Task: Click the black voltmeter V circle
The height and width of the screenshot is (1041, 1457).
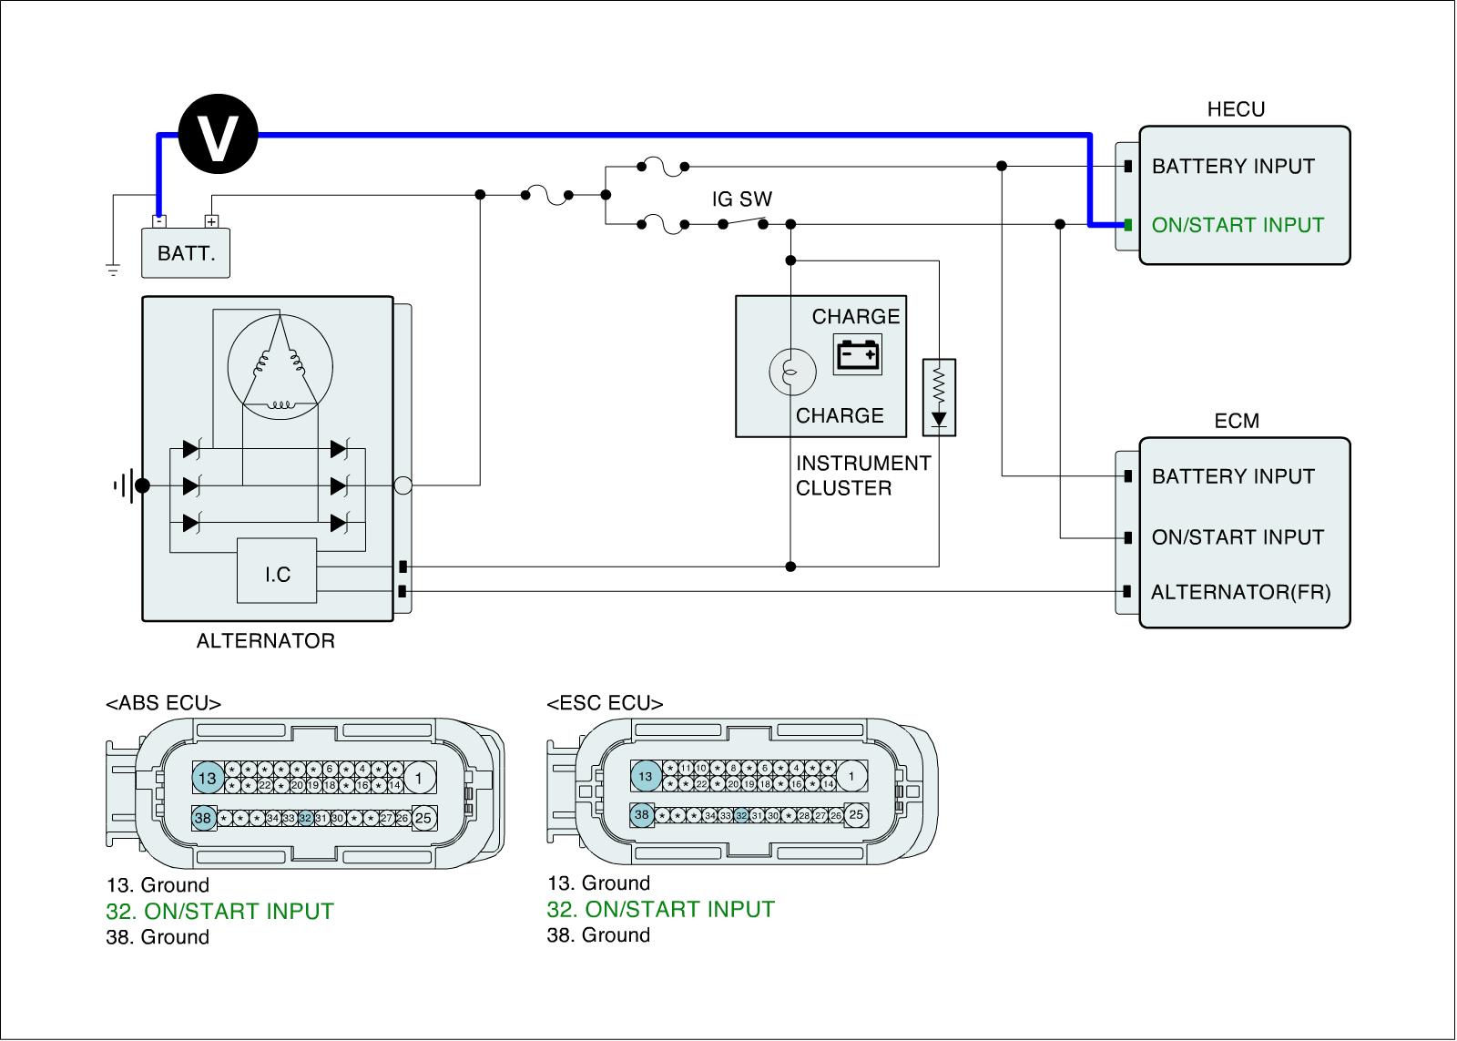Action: [219, 136]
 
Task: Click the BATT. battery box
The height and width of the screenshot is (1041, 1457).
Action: [186, 253]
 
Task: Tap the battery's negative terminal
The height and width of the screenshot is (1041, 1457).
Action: [158, 220]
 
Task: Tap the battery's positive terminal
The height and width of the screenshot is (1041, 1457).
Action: [211, 220]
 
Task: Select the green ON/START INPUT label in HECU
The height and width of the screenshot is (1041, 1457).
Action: [1238, 225]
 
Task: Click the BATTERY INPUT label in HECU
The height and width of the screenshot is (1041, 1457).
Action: [1233, 167]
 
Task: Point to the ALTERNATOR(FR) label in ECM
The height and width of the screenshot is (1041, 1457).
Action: [1240, 593]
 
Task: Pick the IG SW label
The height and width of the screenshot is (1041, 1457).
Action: [741, 199]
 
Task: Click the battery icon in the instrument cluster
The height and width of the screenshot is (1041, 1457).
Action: [858, 354]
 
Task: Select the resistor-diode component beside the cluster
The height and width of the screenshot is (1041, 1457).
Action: [939, 396]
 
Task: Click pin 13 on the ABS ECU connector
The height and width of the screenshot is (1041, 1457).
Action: [208, 778]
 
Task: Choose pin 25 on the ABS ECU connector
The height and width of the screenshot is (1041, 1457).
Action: [423, 818]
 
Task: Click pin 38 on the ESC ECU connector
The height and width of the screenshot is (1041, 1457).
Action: [642, 815]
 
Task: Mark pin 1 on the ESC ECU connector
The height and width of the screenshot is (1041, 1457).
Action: [851, 777]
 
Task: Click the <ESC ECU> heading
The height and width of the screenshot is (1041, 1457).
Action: [605, 703]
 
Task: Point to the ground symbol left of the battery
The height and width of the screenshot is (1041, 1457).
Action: [112, 270]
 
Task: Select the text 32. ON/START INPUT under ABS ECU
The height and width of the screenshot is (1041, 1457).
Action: [219, 911]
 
